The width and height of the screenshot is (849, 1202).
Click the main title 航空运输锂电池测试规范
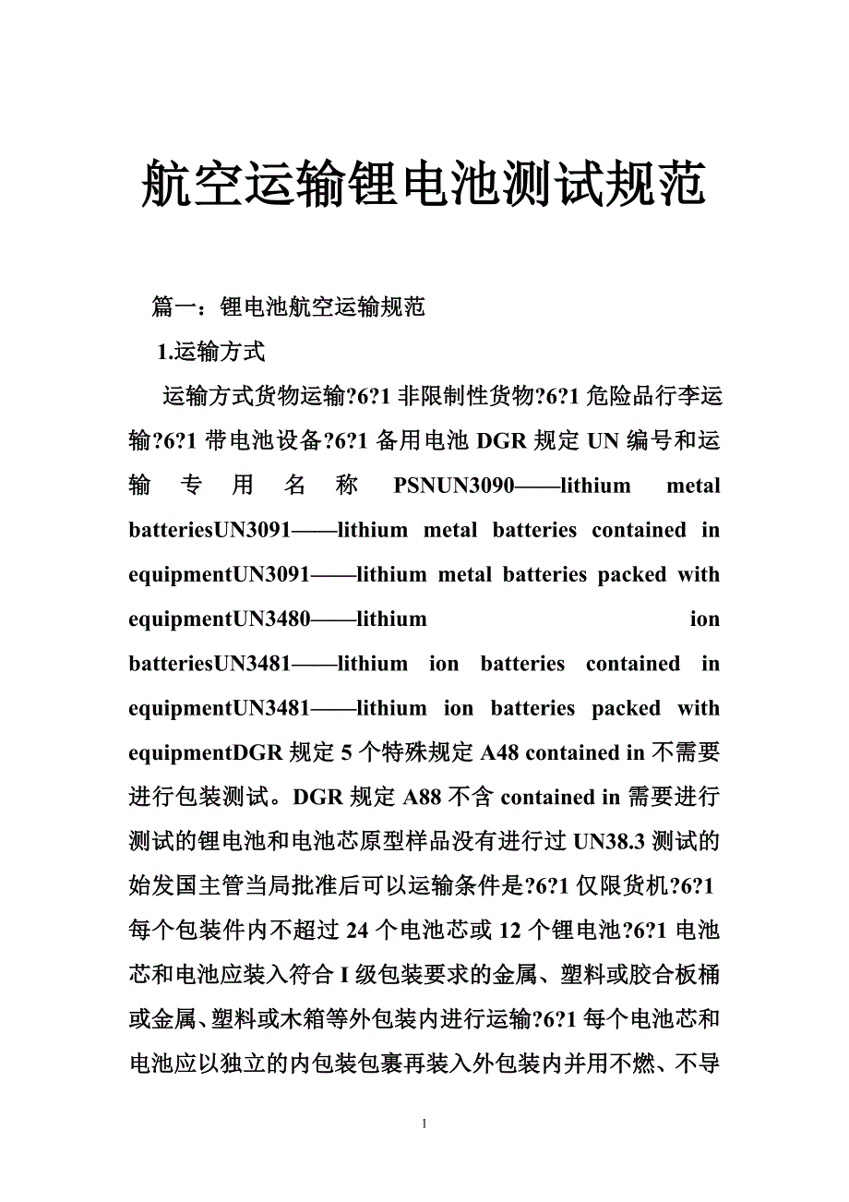pos(424,184)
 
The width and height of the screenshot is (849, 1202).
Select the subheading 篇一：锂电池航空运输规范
pos(288,307)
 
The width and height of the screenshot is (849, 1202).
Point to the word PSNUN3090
pos(453,486)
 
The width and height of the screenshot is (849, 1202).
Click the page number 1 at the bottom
pos(424,1124)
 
